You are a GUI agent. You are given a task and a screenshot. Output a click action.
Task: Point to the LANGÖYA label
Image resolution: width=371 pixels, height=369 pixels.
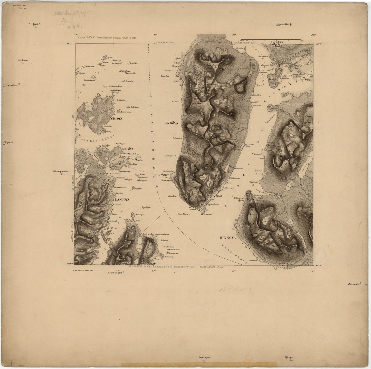click(122, 199)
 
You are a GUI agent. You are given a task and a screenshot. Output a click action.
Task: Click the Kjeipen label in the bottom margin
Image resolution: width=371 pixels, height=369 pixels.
click(289, 357)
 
